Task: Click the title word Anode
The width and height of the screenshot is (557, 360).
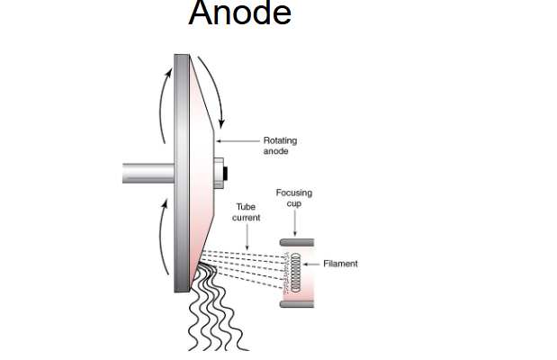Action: (239, 13)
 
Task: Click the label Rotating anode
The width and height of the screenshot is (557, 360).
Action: (279, 146)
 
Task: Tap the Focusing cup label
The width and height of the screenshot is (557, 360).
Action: (294, 198)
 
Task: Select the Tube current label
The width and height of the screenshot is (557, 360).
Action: (247, 212)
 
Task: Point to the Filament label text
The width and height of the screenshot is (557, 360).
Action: (340, 264)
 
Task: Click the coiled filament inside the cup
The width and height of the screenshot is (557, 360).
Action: (292, 273)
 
